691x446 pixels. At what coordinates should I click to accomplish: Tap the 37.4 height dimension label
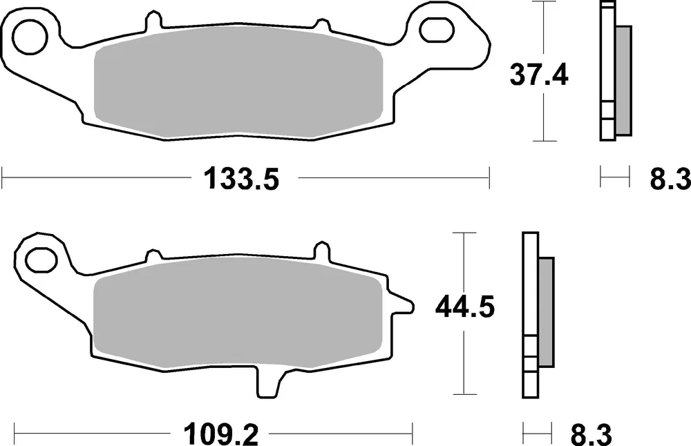pyautogui.click(x=539, y=74)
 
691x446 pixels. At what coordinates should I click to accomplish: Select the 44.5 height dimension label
pyautogui.click(x=464, y=307)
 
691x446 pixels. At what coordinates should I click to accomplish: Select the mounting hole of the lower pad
pyautogui.click(x=40, y=259)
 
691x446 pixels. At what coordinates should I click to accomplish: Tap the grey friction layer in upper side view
pyautogui.click(x=622, y=79)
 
